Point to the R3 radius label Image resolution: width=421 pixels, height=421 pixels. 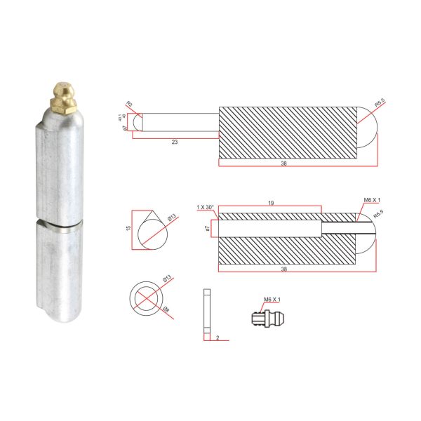pyautogui.click(x=129, y=104)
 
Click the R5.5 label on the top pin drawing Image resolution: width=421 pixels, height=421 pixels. pyautogui.click(x=379, y=104)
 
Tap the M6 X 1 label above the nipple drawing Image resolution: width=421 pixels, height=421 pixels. pyautogui.click(x=272, y=300)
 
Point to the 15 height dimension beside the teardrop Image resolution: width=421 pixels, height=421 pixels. pyautogui.click(x=128, y=228)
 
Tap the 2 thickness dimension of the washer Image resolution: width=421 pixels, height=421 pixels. pyautogui.click(x=218, y=338)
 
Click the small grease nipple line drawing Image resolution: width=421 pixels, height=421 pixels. pyautogui.click(x=266, y=317)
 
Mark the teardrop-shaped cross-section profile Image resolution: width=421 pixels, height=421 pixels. pyautogui.click(x=150, y=229)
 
